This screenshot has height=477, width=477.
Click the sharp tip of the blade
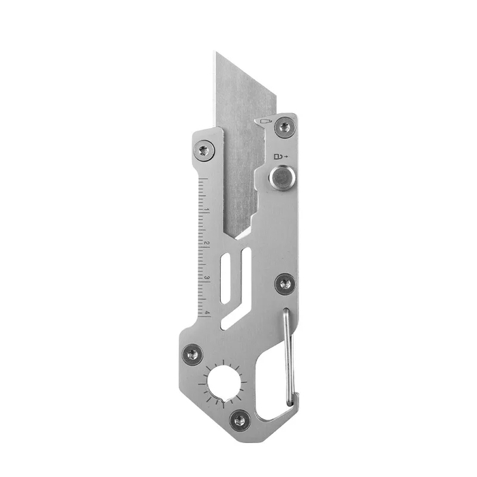217,52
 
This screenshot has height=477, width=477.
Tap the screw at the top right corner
285,126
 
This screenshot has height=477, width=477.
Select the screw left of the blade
204,150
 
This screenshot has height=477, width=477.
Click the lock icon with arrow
281,156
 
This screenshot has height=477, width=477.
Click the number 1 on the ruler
207,211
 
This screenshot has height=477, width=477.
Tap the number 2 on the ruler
207,244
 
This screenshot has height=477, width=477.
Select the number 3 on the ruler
207,278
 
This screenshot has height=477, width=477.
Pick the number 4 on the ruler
207,312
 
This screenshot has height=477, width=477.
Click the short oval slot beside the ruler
226,278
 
